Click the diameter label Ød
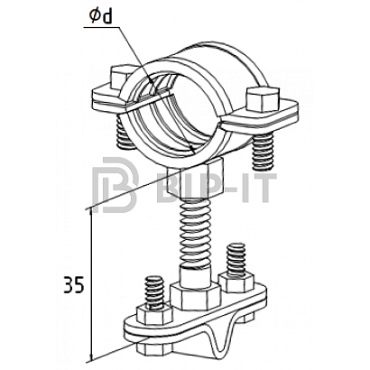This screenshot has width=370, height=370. (100, 16)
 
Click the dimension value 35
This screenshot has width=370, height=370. (74, 285)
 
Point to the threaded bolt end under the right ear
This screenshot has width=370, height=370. (263, 152)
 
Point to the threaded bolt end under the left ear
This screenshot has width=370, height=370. (124, 133)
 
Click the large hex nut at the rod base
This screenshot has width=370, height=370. (195, 296)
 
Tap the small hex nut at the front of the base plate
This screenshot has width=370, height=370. (154, 315)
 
